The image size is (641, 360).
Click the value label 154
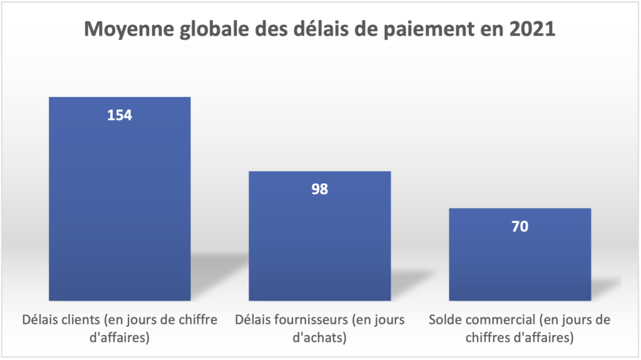point(120,115)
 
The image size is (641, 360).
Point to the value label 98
point(319,189)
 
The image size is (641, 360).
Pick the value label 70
point(520,226)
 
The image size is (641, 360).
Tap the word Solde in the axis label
point(444,320)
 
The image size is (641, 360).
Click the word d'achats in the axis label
point(320,339)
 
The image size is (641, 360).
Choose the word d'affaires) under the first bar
point(120,339)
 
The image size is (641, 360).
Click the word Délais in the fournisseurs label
point(252,320)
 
